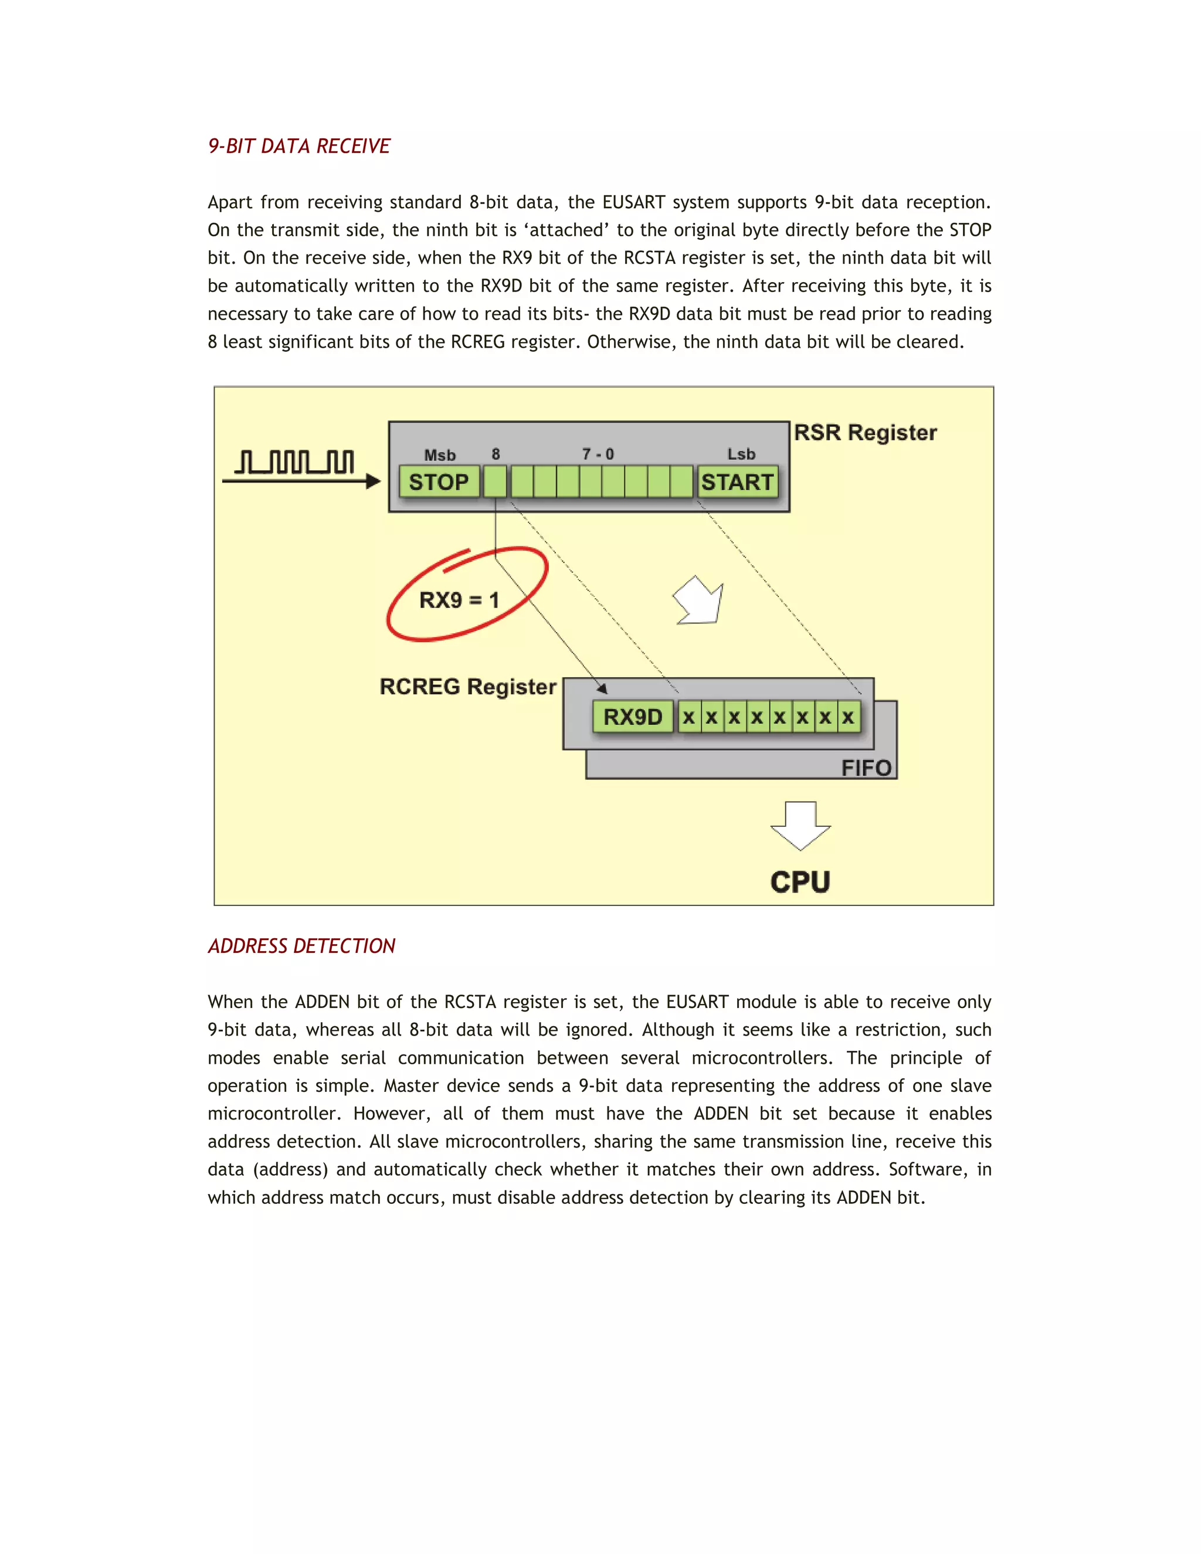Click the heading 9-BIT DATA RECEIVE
tap(299, 146)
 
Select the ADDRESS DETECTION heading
tap(301, 946)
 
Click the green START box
tap(737, 481)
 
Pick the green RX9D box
tap(633, 717)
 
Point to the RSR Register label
tap(865, 433)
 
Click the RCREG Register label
tap(467, 687)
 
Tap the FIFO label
tap(866, 768)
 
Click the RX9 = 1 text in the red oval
tap(459, 600)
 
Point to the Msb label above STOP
tap(440, 454)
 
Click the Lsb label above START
tap(741, 454)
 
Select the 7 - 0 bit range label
tap(598, 454)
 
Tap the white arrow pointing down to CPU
tap(800, 826)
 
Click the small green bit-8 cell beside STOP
tap(495, 481)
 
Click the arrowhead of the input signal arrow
tap(373, 481)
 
